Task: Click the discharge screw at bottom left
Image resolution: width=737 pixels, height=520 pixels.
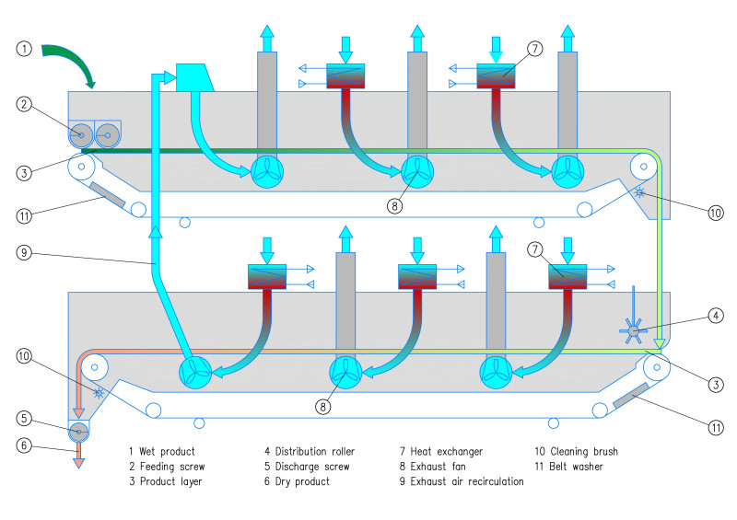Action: (x=79, y=430)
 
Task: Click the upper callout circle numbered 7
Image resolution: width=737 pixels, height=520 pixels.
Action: (x=535, y=48)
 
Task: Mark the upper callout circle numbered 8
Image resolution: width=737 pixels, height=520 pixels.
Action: (x=393, y=206)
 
